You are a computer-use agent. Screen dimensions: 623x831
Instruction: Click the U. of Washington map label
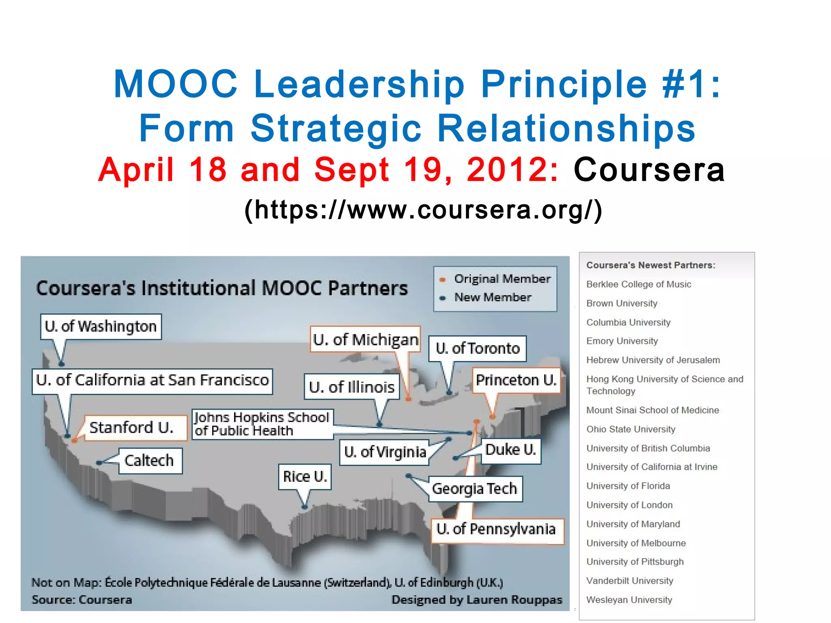click(x=101, y=327)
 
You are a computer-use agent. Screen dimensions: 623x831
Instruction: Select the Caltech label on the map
click(x=149, y=461)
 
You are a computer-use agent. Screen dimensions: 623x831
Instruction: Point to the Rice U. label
click(x=305, y=477)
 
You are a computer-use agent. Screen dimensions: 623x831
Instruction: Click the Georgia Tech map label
click(x=475, y=489)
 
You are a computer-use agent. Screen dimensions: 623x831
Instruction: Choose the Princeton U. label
click(x=516, y=380)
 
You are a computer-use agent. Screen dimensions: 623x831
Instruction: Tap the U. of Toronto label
click(x=478, y=348)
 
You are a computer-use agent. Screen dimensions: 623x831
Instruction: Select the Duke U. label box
click(x=511, y=450)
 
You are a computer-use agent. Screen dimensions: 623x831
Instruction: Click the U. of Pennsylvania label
click(x=496, y=529)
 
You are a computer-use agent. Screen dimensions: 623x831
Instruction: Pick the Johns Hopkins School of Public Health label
click(x=262, y=424)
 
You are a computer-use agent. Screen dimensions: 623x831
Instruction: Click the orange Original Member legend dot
click(x=443, y=279)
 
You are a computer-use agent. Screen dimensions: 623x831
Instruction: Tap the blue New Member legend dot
click(x=443, y=298)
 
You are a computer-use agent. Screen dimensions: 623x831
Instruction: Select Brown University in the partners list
click(x=622, y=303)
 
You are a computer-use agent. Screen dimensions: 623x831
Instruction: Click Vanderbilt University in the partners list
click(x=630, y=581)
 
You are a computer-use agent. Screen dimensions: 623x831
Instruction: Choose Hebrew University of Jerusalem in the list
click(x=653, y=360)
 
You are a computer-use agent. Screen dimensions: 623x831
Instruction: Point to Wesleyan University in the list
click(x=629, y=600)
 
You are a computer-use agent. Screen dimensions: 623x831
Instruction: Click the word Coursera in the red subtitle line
click(x=649, y=170)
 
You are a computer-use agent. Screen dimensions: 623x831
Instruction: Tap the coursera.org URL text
click(x=423, y=210)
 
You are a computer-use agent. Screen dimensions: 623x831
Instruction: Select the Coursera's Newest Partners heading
click(x=650, y=265)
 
